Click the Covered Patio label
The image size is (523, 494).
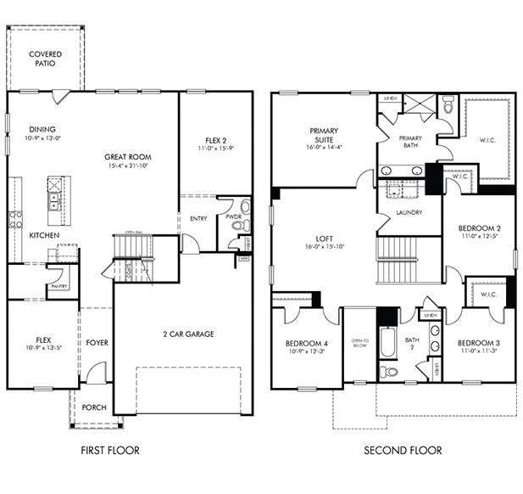pos(46,59)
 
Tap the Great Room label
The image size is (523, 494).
pos(128,161)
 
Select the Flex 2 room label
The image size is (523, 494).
pos(216,145)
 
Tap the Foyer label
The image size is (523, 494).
pos(97,343)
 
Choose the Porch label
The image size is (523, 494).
pos(93,407)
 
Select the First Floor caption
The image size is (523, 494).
pos(110,450)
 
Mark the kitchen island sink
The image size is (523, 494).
pos(54,201)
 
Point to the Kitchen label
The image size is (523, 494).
pos(43,235)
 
